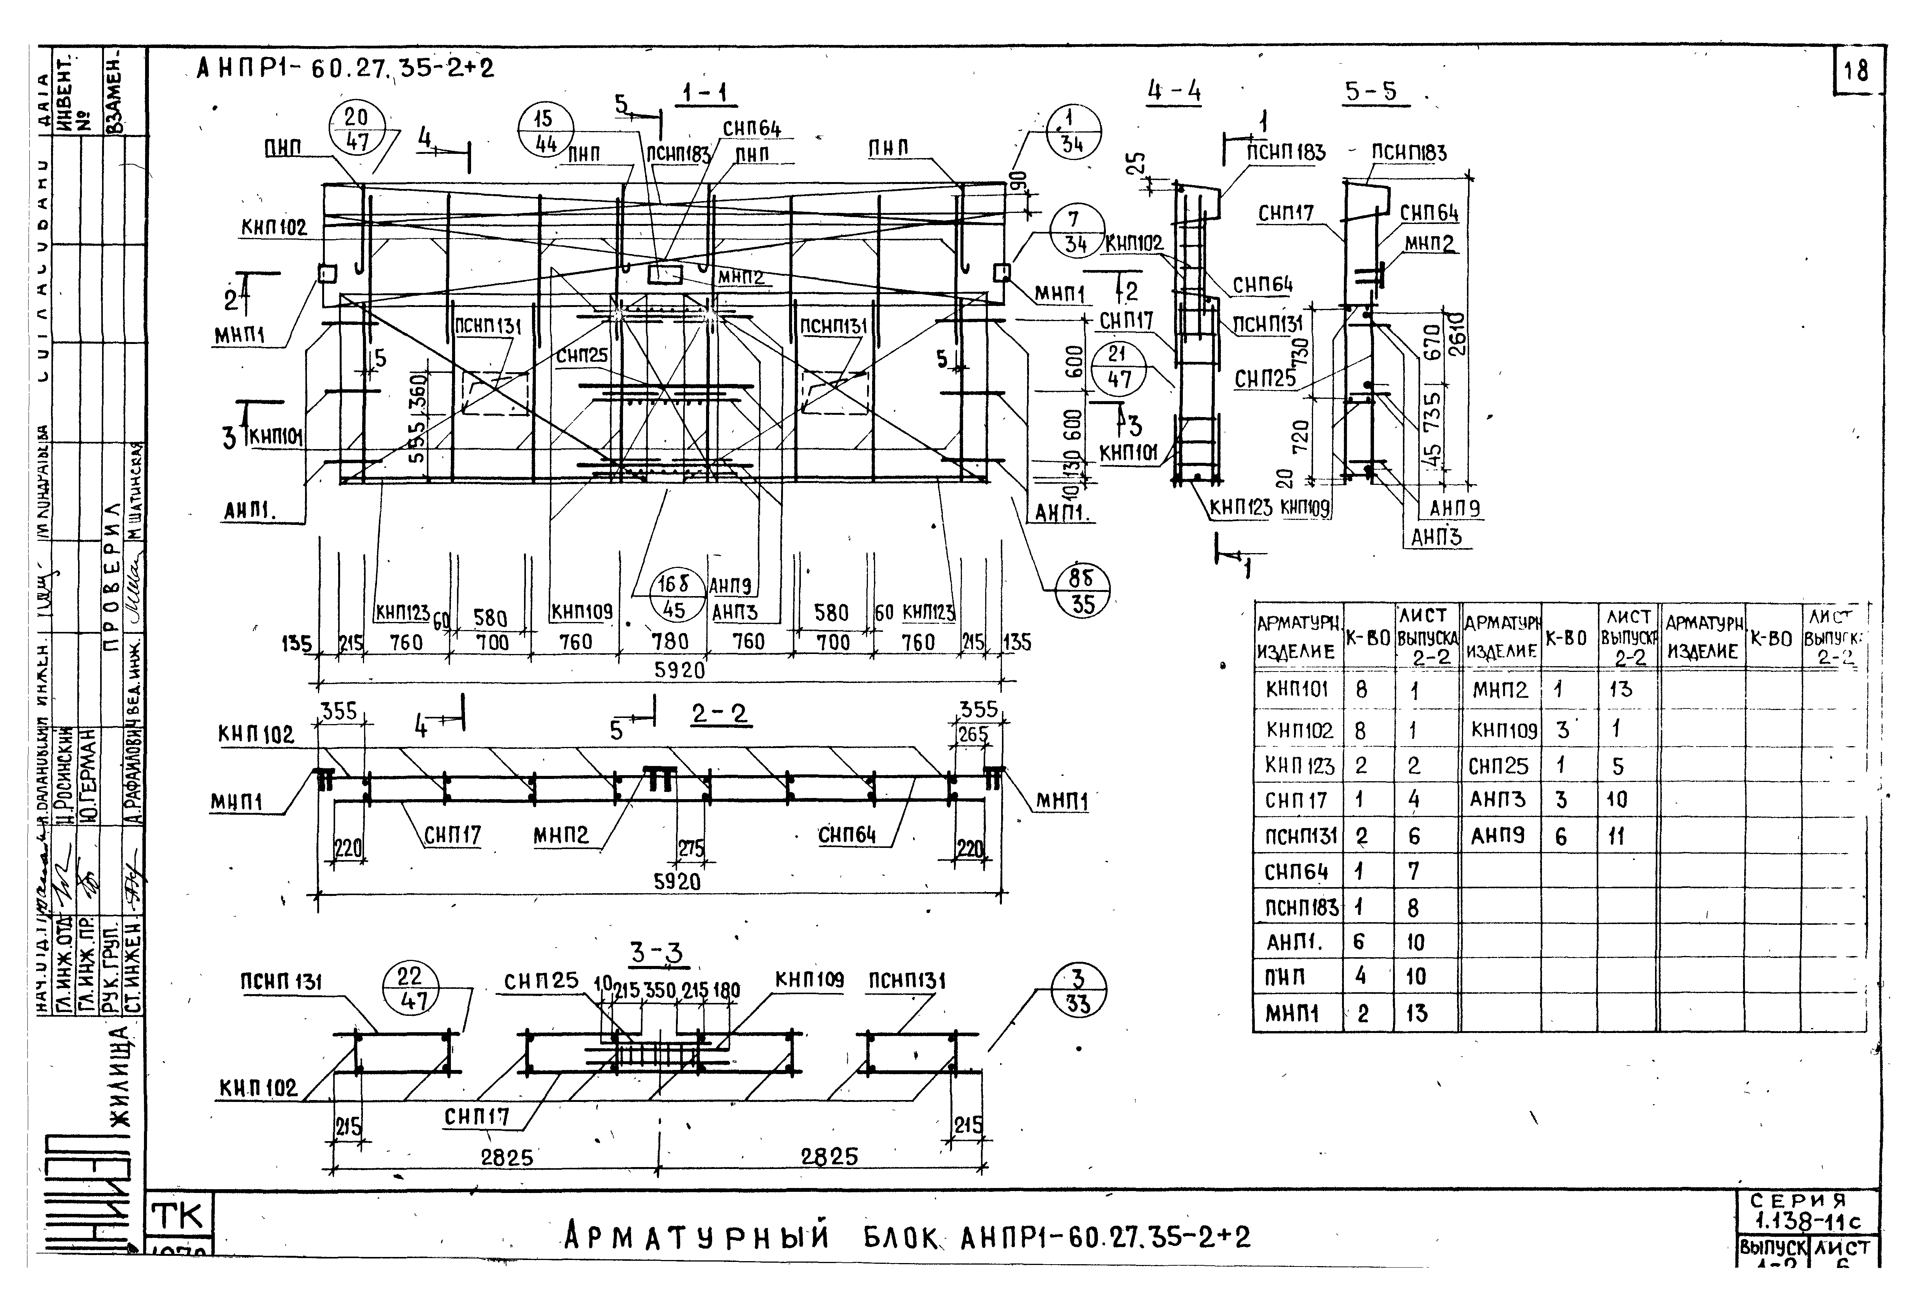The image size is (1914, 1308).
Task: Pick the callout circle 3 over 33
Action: (x=1079, y=991)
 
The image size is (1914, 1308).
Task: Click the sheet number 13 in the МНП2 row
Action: (x=1620, y=689)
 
